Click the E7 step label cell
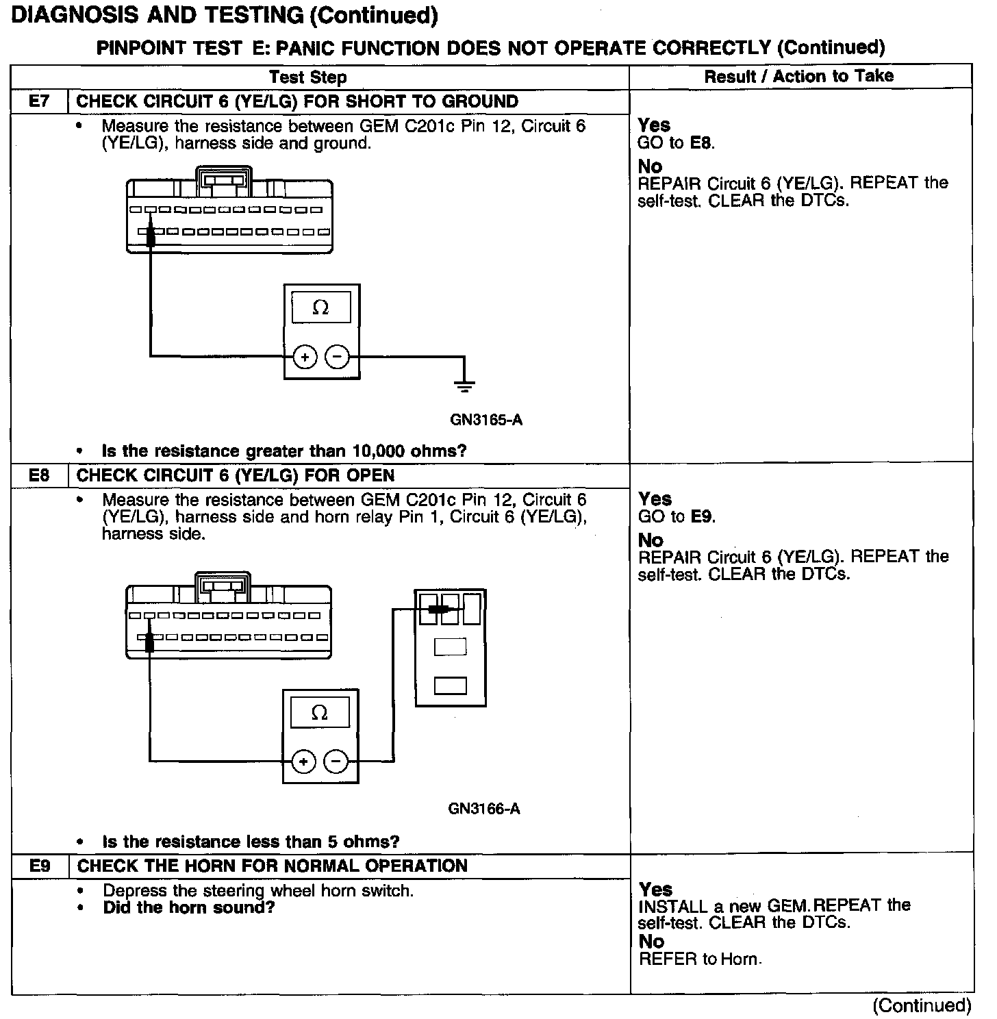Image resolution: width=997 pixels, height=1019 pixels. click(x=40, y=102)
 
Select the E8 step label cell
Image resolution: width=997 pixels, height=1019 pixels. click(x=40, y=475)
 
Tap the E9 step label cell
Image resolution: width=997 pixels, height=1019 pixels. click(x=40, y=866)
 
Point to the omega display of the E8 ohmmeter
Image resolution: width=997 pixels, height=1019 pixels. click(x=320, y=713)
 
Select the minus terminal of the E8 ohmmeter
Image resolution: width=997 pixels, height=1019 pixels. click(x=336, y=762)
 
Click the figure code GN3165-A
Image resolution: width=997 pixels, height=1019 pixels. click(x=486, y=419)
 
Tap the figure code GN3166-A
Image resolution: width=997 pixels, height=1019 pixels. click(x=484, y=809)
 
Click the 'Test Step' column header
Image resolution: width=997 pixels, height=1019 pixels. click(x=308, y=77)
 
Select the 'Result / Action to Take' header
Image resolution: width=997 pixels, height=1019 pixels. click(x=799, y=76)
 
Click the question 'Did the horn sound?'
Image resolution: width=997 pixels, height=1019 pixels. click(x=189, y=908)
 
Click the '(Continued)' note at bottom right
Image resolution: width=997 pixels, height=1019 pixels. click(x=922, y=1005)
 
